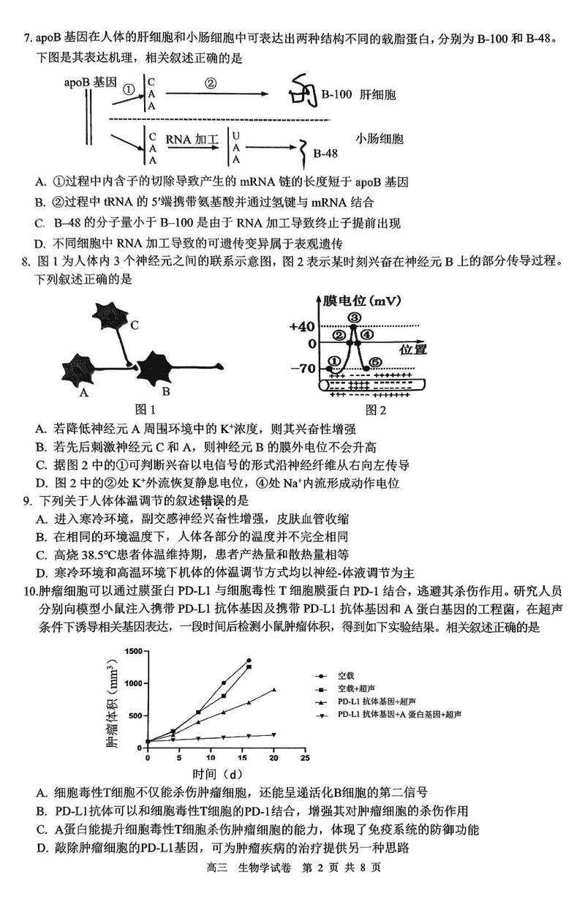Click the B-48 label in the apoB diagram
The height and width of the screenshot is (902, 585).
(x=326, y=154)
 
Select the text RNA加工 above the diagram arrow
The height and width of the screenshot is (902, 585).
(x=188, y=138)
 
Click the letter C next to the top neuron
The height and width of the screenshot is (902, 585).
(x=134, y=326)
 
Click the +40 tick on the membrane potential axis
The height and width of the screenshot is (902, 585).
(x=303, y=325)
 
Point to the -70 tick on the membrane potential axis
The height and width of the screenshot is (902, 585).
(x=303, y=367)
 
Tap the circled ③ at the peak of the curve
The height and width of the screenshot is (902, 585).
(x=355, y=317)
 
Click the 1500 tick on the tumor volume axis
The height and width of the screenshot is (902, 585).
(x=132, y=651)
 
